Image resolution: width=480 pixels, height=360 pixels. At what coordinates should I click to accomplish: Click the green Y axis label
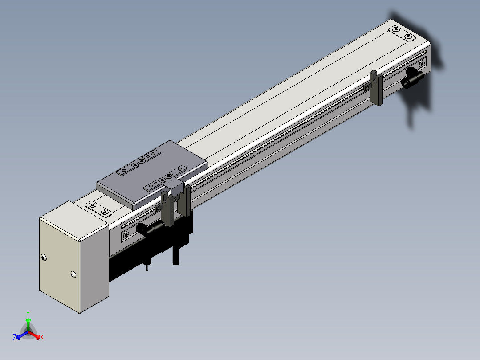28,313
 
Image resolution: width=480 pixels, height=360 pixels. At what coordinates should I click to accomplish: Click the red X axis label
42,337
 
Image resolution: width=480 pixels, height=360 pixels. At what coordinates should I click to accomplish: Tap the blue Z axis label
15,337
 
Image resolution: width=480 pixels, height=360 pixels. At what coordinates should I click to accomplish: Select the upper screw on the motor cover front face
44,258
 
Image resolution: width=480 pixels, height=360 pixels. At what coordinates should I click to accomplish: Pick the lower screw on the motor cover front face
73,274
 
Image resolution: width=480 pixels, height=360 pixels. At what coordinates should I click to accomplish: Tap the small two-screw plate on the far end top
402,33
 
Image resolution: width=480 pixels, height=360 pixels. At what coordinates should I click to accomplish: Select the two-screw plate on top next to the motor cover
98,209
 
